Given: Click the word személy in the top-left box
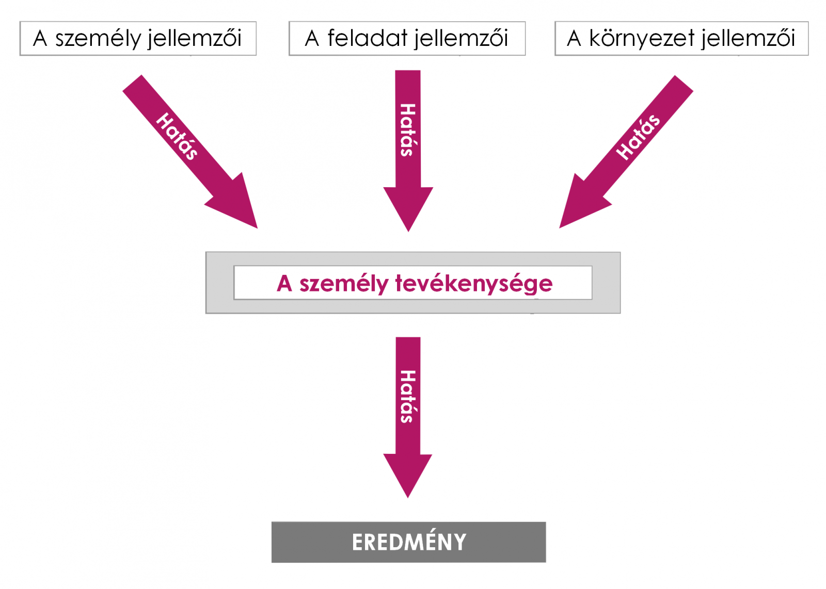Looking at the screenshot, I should click(98, 39).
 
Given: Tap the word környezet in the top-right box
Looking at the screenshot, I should click(642, 39).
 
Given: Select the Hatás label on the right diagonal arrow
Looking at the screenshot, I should click(638, 137).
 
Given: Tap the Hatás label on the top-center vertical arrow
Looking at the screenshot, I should click(408, 130).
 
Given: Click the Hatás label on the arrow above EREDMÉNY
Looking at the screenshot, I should click(408, 396).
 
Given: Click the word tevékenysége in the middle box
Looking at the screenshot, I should click(474, 284).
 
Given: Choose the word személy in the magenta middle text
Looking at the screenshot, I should click(344, 284).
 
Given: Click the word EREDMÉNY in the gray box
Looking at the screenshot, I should click(409, 542).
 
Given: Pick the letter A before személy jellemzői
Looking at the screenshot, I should click(40, 39).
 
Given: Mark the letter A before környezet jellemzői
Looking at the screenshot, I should click(574, 39).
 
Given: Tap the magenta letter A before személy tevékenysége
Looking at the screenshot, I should click(284, 284).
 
